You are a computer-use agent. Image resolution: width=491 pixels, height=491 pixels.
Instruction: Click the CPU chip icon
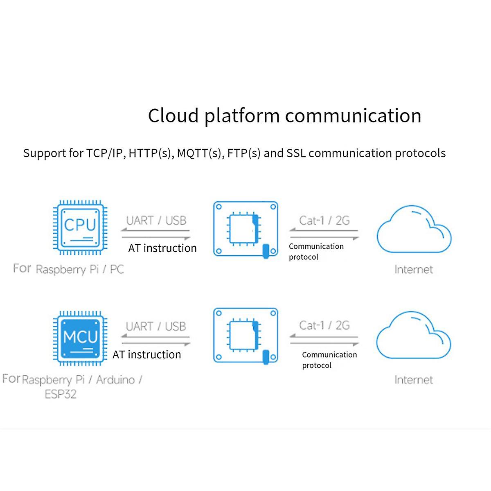click(x=80, y=227)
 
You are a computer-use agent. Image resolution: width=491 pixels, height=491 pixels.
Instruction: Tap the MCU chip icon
click(x=80, y=338)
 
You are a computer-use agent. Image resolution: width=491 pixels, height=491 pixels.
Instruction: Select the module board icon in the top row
click(x=245, y=229)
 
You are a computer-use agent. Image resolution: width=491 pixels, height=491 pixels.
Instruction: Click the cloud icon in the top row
click(x=414, y=230)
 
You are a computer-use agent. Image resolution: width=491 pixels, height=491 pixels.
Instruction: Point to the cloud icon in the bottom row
click(x=413, y=336)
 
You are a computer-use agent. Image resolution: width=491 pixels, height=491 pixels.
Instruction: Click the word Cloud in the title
click(x=173, y=116)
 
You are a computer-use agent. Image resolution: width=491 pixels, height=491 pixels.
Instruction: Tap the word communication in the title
click(x=353, y=116)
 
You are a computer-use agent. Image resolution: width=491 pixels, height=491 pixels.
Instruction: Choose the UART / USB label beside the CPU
click(x=156, y=221)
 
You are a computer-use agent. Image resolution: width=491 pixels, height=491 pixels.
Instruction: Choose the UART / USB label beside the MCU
click(x=156, y=327)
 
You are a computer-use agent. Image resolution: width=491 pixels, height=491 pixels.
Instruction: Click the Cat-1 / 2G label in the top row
click(x=324, y=221)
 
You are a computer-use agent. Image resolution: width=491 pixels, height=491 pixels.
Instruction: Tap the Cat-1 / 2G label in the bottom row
click(x=324, y=326)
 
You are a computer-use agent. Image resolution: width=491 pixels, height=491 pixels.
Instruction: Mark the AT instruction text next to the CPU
click(x=162, y=248)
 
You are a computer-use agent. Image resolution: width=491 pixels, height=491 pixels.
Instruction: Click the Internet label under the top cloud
click(x=414, y=270)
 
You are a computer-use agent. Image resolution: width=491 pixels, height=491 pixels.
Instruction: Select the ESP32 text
click(x=61, y=394)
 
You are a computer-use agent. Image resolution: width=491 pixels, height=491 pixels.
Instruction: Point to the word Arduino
click(x=116, y=380)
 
